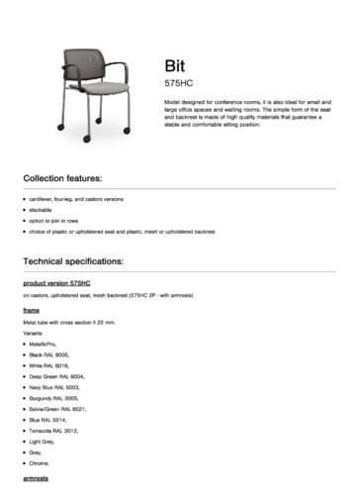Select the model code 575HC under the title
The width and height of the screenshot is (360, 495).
point(178,84)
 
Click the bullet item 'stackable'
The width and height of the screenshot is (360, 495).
point(41,211)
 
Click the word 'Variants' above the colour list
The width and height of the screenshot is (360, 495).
point(33,333)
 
